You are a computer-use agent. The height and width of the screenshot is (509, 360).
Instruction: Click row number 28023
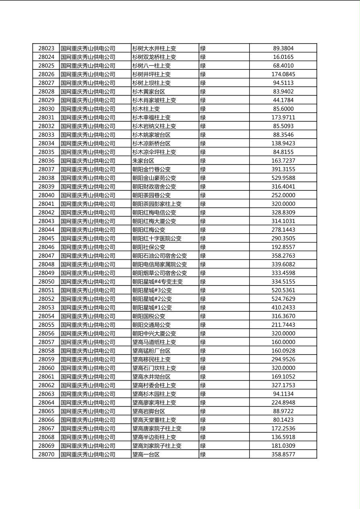click(x=46, y=48)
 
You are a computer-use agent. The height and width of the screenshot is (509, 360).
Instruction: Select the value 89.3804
click(x=283, y=48)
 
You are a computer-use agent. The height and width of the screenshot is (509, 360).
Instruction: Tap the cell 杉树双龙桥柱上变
click(x=154, y=57)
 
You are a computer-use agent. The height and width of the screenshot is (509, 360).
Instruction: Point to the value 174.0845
click(x=283, y=74)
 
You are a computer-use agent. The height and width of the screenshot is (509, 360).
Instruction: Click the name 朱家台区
click(x=143, y=161)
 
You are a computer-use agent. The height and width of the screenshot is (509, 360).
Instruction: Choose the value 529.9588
click(x=283, y=178)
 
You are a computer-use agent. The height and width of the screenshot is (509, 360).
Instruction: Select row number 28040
click(x=46, y=195)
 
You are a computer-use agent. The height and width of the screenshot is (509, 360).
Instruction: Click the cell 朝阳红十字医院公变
click(x=157, y=238)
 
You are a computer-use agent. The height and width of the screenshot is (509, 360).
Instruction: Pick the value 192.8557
click(x=283, y=247)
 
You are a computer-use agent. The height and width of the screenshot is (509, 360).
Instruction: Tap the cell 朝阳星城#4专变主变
click(x=157, y=282)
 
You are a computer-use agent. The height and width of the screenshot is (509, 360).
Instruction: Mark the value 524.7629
click(x=283, y=299)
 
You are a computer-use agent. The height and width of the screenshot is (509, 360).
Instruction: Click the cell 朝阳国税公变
click(x=149, y=316)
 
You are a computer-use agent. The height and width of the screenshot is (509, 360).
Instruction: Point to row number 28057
click(x=46, y=342)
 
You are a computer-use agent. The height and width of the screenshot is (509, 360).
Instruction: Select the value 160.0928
click(x=283, y=350)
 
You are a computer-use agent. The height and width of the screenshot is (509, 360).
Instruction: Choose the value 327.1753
click(x=283, y=385)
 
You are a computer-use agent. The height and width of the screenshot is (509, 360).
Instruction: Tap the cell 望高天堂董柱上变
click(x=154, y=420)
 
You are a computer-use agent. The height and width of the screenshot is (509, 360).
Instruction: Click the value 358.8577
click(x=283, y=454)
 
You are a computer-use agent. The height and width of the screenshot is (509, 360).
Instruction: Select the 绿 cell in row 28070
click(x=203, y=454)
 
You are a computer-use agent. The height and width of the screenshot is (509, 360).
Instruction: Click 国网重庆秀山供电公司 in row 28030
click(x=88, y=109)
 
